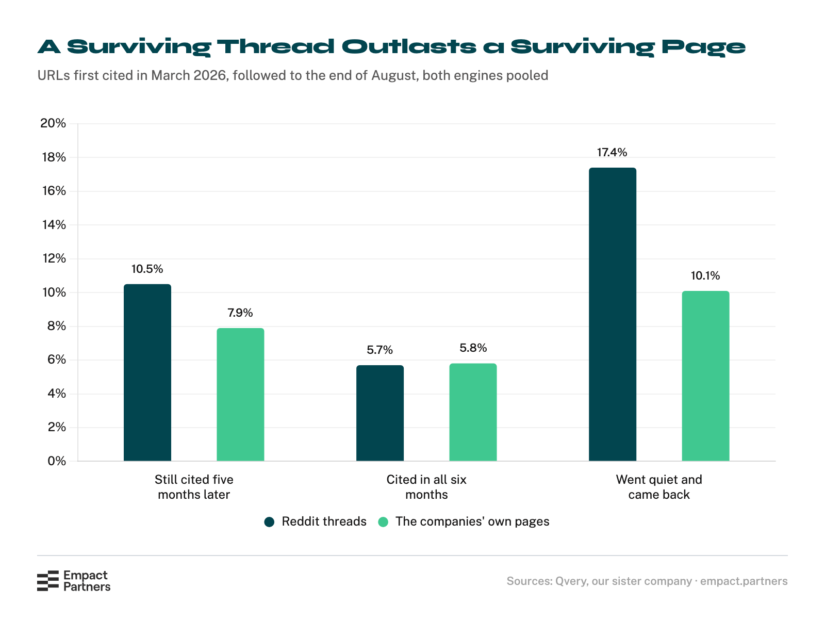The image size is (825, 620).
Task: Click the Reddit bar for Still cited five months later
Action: click(147, 372)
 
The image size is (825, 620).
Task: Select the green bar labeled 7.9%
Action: click(240, 395)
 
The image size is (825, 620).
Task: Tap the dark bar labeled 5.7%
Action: click(380, 413)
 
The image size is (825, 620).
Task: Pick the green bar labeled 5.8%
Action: click(473, 412)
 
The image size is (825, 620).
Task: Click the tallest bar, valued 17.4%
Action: click(613, 314)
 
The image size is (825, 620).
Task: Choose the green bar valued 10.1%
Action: click(705, 376)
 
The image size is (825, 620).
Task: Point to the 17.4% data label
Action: click(612, 152)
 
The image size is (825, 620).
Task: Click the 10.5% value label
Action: click(147, 269)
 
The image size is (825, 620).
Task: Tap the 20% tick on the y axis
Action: click(53, 123)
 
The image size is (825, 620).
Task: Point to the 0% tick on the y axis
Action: click(57, 461)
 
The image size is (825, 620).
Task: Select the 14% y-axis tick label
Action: click(54, 225)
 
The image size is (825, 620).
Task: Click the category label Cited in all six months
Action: click(426, 487)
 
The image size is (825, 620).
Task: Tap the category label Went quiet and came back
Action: click(659, 487)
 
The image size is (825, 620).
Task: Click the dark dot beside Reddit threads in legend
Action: click(269, 522)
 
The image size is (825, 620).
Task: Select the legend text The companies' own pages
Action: click(472, 521)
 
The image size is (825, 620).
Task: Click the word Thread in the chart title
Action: click(275, 46)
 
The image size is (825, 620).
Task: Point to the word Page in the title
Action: click(703, 47)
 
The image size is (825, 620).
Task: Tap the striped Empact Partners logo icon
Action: click(48, 580)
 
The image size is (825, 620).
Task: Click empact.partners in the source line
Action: click(744, 581)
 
